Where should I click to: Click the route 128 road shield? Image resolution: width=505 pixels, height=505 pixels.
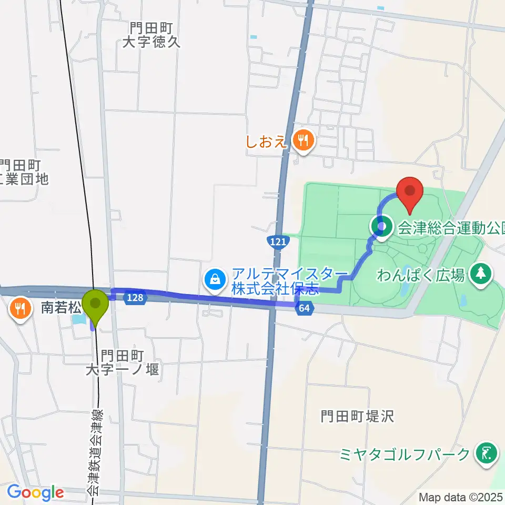pyautogui.click(x=134, y=298)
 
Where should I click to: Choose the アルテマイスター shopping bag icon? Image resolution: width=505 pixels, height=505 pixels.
pyautogui.click(x=216, y=278)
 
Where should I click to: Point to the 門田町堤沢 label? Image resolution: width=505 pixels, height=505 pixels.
pyautogui.click(x=357, y=417)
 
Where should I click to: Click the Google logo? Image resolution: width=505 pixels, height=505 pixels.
pyautogui.click(x=35, y=492)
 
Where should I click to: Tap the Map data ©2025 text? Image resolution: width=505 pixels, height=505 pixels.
pyautogui.click(x=461, y=497)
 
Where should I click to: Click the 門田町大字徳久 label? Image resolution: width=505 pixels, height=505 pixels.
pyautogui.click(x=151, y=35)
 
